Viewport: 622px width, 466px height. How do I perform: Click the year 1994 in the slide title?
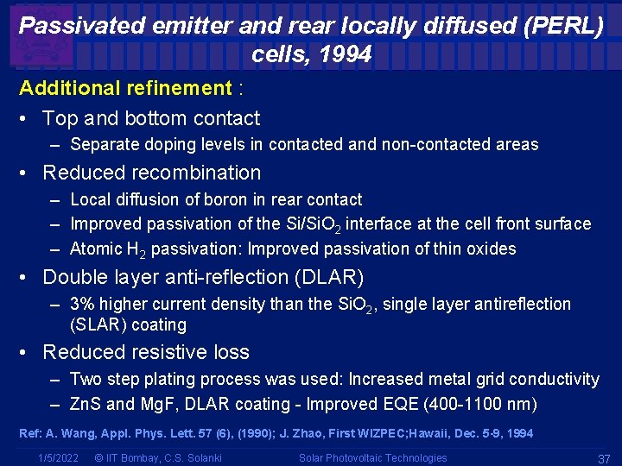(346, 55)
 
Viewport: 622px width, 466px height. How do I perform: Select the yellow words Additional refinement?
(125, 88)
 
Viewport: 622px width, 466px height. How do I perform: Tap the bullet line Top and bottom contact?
(151, 118)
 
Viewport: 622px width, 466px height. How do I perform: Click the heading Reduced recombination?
(151, 173)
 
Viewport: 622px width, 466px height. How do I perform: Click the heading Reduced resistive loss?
(146, 352)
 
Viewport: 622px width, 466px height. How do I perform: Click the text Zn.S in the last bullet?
(86, 404)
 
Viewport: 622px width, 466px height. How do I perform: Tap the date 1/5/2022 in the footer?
(59, 457)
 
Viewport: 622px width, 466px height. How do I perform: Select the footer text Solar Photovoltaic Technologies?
(373, 457)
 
